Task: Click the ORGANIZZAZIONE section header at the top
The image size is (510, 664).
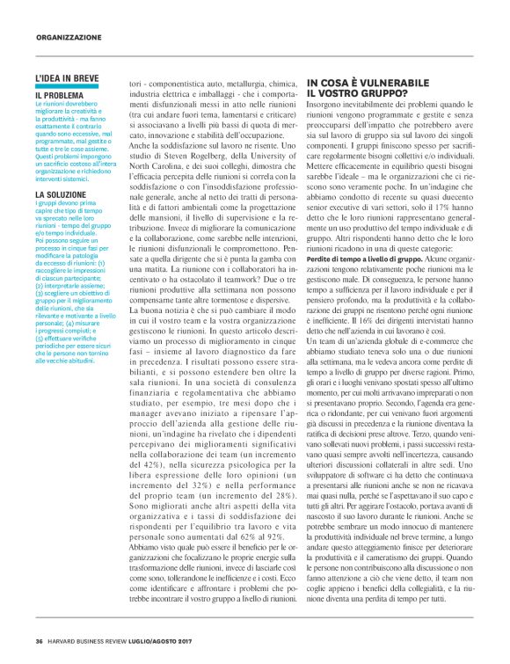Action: [x=70, y=38]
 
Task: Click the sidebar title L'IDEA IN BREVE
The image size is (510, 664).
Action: [x=67, y=79]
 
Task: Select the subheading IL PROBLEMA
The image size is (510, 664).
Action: [x=60, y=94]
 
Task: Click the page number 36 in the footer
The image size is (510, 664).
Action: [x=40, y=639]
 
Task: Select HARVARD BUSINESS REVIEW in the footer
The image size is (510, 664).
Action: [x=92, y=639]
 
